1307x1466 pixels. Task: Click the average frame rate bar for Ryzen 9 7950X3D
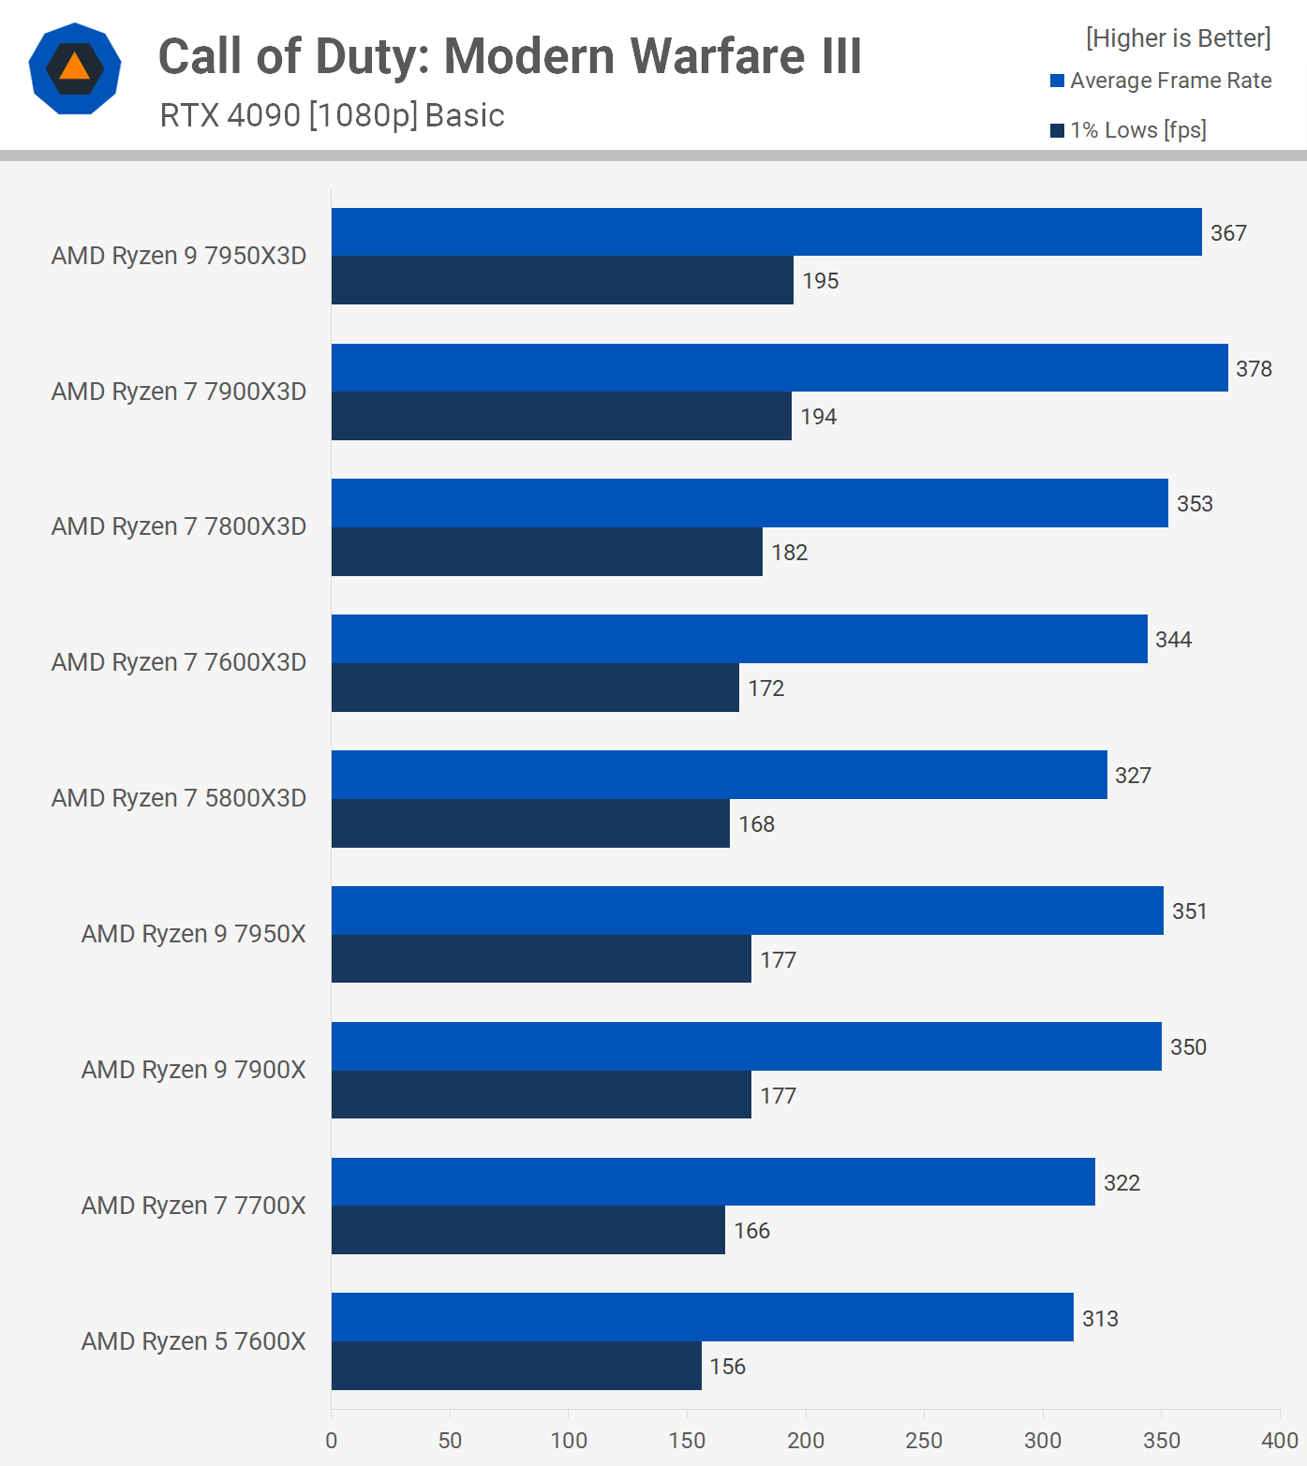[x=766, y=232]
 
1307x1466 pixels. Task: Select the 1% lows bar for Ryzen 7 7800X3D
[x=547, y=552]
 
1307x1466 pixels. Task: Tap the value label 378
[x=1254, y=369]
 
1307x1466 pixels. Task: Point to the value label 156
[x=727, y=1367]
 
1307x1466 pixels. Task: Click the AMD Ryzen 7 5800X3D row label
[x=179, y=798]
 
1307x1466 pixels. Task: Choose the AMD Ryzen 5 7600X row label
[x=194, y=1341]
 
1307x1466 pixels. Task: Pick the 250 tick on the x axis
[x=924, y=1441]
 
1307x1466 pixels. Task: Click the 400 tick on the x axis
[x=1280, y=1441]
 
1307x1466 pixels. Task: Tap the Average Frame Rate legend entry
[x=1161, y=81]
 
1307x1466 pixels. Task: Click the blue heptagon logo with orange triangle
[x=75, y=68]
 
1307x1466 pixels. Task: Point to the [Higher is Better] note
[x=1178, y=38]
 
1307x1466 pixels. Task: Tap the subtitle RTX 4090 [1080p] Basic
[x=332, y=115]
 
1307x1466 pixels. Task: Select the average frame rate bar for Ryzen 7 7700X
[x=713, y=1182]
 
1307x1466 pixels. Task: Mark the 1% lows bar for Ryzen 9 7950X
[x=542, y=959]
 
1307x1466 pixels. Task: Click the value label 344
[x=1173, y=640]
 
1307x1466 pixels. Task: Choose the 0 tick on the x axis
[x=332, y=1441]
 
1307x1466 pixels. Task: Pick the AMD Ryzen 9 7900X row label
[x=194, y=1070]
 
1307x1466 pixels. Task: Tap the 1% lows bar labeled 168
[x=530, y=823]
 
